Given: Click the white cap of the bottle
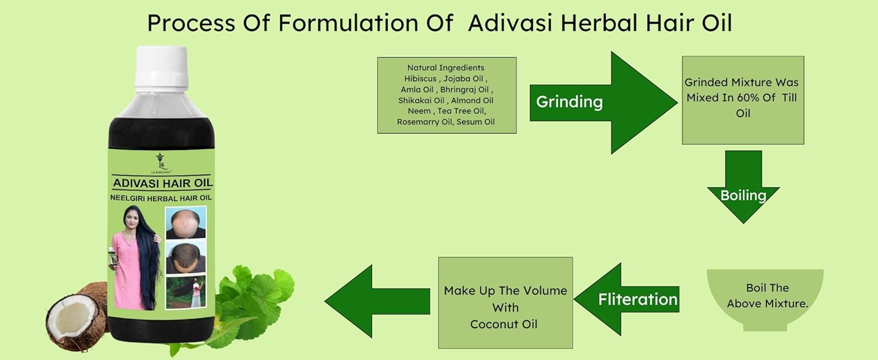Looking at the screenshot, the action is pyautogui.click(x=161, y=68).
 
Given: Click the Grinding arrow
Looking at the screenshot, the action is pyautogui.click(x=603, y=103).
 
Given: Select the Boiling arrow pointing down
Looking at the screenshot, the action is pyautogui.click(x=743, y=187).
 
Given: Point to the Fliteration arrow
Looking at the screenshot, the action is pyautogui.click(x=626, y=299).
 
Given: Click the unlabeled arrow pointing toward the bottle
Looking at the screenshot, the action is pyautogui.click(x=377, y=301).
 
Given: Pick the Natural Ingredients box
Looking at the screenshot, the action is pyautogui.click(x=447, y=95).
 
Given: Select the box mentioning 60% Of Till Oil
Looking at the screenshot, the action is pyautogui.click(x=743, y=100).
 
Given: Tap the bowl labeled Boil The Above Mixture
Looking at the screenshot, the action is pyautogui.click(x=765, y=299).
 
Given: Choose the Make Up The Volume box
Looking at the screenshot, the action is pyautogui.click(x=505, y=303).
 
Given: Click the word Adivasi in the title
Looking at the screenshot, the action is pyautogui.click(x=510, y=23).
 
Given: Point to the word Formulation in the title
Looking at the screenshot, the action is pyautogui.click(x=348, y=23).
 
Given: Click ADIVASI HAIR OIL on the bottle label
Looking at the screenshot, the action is pyautogui.click(x=163, y=183).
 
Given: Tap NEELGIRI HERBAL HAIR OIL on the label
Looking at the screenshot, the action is pyautogui.click(x=161, y=198).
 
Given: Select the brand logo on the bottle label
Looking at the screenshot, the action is pyautogui.click(x=161, y=163).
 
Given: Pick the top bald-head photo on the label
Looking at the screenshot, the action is pyautogui.click(x=185, y=223).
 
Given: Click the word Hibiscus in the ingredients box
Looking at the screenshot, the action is pyautogui.click(x=420, y=79).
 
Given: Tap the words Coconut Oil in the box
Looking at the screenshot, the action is pyautogui.click(x=504, y=325).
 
